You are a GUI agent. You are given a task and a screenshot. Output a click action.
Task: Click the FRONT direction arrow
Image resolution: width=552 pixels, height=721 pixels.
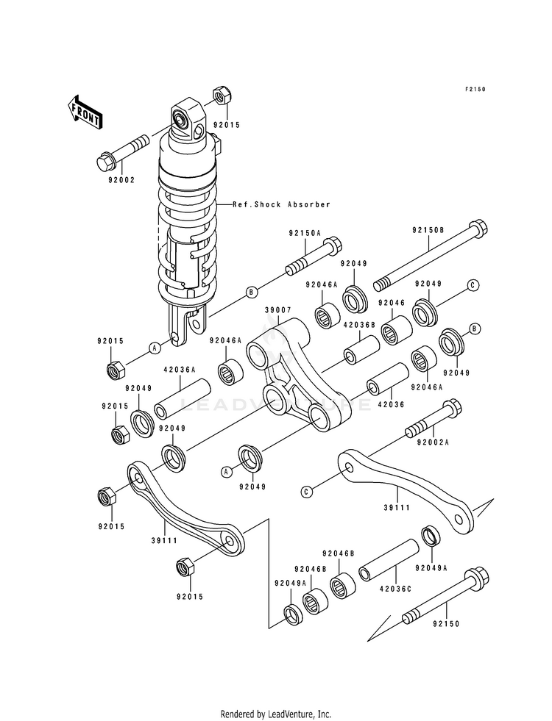pos(85,112)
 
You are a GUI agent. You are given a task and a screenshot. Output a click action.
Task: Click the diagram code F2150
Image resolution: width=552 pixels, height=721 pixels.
pos(475,90)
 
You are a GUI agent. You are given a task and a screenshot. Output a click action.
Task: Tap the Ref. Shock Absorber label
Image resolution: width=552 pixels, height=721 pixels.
pos(281,204)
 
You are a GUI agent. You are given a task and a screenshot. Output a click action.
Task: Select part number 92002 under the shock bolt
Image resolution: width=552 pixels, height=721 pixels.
pos(121,180)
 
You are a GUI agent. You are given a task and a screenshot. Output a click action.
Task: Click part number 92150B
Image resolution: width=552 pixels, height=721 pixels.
pos(428,230)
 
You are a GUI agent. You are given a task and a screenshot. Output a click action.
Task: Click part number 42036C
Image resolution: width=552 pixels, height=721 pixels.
pos(396,589)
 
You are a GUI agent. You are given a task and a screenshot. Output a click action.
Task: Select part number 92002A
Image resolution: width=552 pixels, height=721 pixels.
pos(433,442)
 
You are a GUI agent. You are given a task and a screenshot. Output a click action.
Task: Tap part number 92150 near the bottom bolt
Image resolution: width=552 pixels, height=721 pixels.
pos(446,624)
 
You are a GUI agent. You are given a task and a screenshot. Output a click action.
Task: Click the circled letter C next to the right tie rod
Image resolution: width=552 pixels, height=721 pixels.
pos(306,492)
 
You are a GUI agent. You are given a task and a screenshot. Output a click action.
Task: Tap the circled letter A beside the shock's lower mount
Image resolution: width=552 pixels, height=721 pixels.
pos(155,348)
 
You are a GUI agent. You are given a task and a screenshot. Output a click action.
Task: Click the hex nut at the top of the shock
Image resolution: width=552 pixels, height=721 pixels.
pos(222,96)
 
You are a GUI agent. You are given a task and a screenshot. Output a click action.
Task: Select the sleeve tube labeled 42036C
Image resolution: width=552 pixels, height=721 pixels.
pos(389,560)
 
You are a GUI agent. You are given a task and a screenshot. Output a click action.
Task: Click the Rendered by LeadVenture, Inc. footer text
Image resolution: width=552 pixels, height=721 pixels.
pos(276,714)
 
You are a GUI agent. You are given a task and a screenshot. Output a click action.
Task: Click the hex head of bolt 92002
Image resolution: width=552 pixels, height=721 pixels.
pos(107,161)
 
